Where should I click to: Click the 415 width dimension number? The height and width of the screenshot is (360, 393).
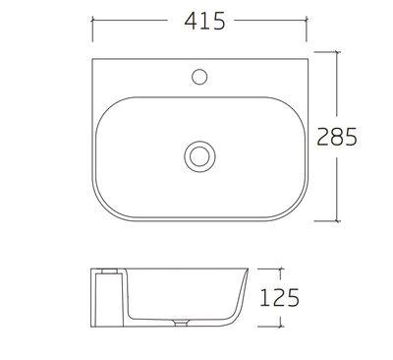click(204, 22)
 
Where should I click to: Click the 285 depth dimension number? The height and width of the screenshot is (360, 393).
click(337, 137)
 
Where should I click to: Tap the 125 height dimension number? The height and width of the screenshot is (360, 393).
click(279, 298)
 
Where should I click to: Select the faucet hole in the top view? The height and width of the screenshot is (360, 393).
click(199, 77)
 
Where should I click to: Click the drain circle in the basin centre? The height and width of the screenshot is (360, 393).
click(199, 156)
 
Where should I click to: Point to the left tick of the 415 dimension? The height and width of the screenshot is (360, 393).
click(92, 20)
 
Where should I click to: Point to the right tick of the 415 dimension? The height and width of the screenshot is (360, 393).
click(307, 20)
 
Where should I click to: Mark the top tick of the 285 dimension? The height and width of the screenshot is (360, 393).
click(337, 52)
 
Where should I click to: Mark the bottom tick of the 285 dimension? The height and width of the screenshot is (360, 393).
click(337, 221)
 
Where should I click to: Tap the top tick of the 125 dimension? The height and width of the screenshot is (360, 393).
click(280, 270)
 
